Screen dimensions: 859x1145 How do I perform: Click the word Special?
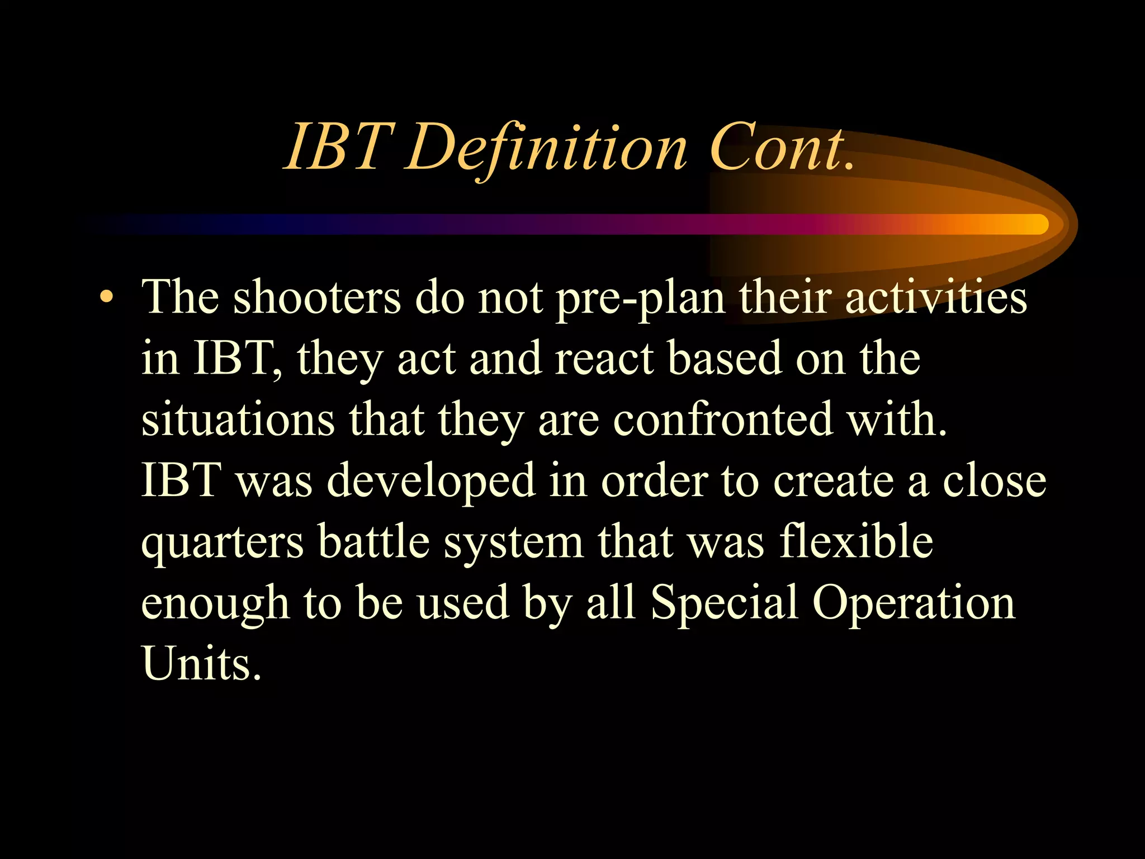[725, 604]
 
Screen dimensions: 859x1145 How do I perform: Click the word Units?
[201, 664]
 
